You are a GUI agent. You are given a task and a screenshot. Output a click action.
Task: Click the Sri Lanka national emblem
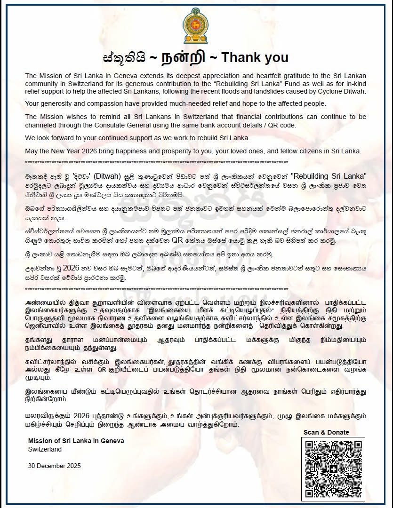pyautogui.click(x=197, y=25)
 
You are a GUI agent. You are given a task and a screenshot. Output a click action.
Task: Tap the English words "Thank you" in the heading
pyautogui.click(x=255, y=58)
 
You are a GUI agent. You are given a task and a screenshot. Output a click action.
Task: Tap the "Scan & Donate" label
pyautogui.click(x=333, y=432)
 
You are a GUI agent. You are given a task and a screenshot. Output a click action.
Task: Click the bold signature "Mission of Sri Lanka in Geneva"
pyautogui.click(x=76, y=441)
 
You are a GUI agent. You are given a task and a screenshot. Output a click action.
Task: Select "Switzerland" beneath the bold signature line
pyautogui.click(x=45, y=449)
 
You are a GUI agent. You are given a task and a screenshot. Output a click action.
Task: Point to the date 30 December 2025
pyautogui.click(x=54, y=466)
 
